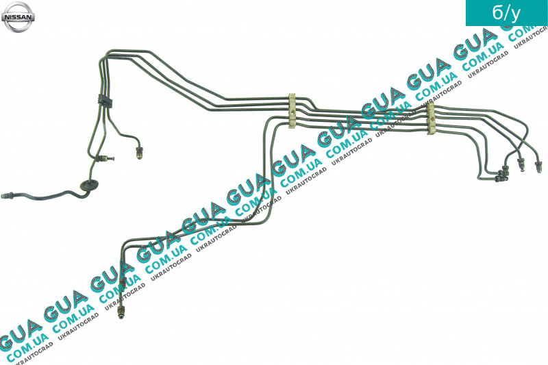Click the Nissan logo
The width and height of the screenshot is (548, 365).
(18, 16)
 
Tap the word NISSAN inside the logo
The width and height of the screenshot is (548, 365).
(18, 16)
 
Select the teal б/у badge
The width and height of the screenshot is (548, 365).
(507, 13)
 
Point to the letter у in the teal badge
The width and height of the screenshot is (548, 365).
(515, 14)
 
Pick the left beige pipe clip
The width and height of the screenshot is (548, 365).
(292, 110)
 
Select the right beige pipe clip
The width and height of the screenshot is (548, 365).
(432, 118)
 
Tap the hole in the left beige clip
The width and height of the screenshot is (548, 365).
(292, 113)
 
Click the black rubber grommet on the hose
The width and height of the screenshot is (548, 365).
(88, 186)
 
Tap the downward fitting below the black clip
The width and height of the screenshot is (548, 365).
(139, 153)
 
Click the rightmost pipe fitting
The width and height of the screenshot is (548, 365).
(538, 166)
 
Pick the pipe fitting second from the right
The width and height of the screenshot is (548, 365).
(520, 164)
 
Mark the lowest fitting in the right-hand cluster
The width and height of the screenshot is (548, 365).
(501, 179)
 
